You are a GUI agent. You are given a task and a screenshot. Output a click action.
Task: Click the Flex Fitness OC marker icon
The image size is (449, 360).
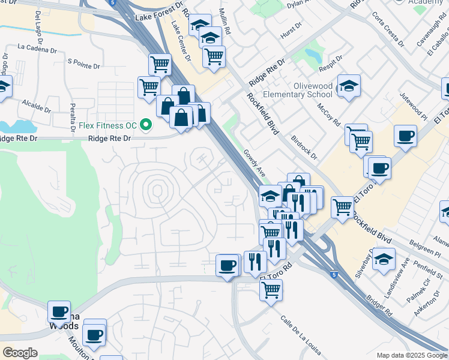point(145,125)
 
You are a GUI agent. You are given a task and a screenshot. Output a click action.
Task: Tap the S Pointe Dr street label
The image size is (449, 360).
point(87,61)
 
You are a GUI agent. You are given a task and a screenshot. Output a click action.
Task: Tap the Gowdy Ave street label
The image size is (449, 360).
point(255,163)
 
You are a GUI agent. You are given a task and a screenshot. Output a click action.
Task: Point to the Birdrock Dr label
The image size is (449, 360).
point(306,147)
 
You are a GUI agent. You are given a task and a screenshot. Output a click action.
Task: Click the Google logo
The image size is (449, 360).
point(20,353)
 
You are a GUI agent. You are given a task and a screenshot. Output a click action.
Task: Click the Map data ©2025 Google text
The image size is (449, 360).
point(411,355)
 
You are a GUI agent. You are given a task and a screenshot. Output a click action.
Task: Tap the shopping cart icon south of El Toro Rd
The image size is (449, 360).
point(271,290)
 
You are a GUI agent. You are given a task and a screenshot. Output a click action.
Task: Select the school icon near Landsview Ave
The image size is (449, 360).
point(384,259)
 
